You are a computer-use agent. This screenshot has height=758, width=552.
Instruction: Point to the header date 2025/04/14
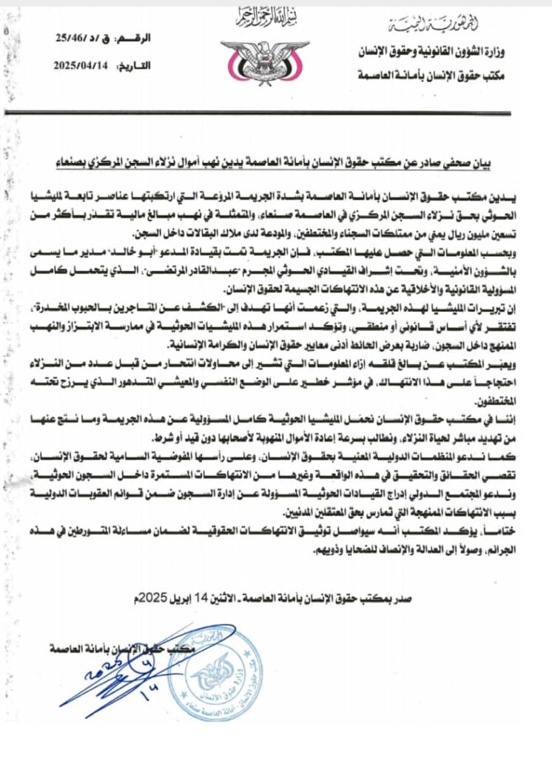(81, 64)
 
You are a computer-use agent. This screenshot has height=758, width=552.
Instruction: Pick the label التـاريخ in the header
(135, 65)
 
